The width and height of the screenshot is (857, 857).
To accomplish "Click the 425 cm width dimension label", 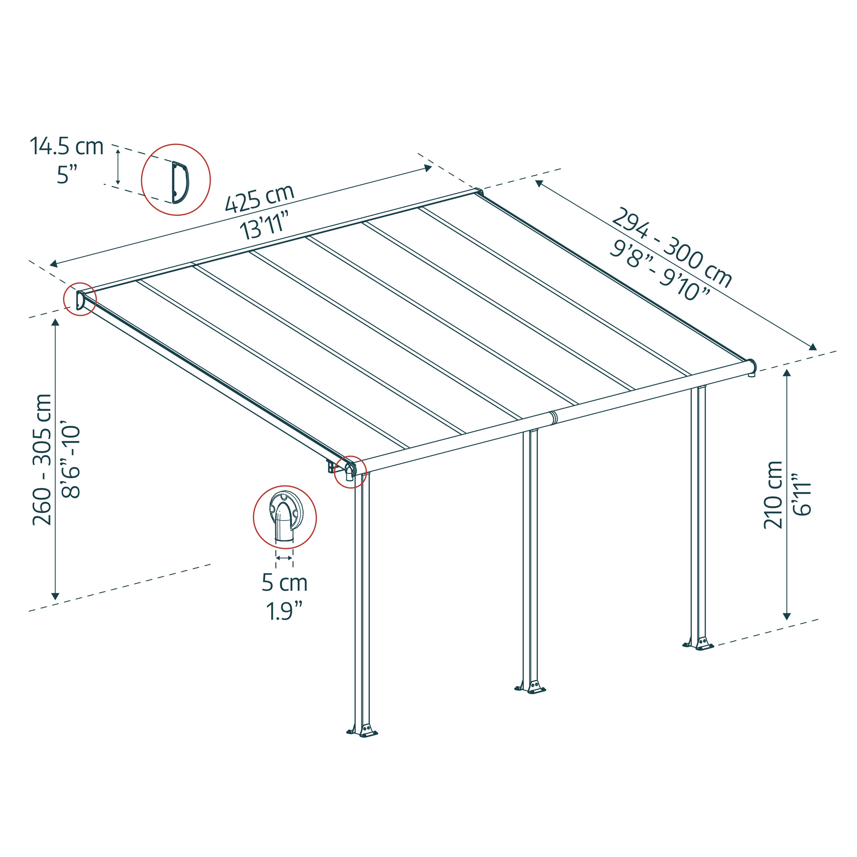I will [x=260, y=198].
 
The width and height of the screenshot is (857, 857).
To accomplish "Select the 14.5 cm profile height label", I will [x=66, y=147].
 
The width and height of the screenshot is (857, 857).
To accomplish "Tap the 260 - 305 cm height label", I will [x=42, y=459].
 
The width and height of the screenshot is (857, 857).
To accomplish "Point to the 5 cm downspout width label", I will [x=285, y=582].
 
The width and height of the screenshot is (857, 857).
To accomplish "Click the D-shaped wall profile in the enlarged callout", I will [x=180, y=182].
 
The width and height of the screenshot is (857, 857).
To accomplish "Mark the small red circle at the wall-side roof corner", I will [x=80, y=300].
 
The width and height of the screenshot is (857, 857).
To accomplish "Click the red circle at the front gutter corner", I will [x=351, y=471].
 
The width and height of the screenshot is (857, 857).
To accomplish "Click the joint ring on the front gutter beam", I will [x=553, y=417].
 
